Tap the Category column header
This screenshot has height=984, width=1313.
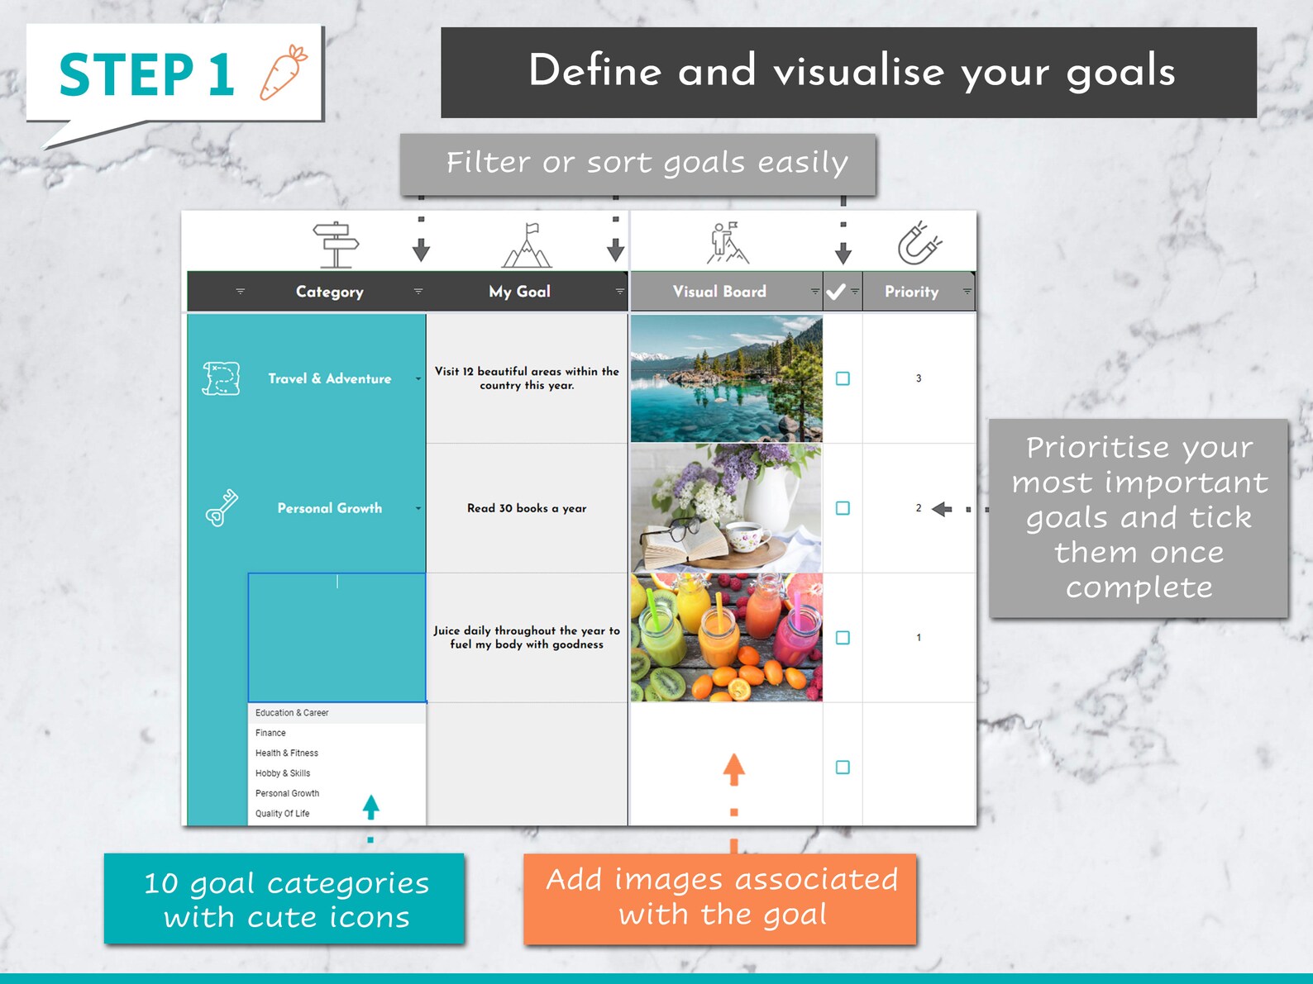click(x=329, y=292)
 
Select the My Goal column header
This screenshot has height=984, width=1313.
click(x=519, y=292)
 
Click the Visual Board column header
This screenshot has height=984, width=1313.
click(x=719, y=292)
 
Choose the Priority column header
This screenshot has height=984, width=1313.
click(x=911, y=292)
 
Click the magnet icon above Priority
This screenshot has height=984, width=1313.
click(x=919, y=243)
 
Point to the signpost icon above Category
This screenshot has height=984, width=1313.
click(x=336, y=245)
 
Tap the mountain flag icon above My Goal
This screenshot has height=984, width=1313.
click(x=528, y=245)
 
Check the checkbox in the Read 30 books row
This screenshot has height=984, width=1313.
click(x=843, y=508)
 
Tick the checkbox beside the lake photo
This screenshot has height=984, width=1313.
click(x=843, y=378)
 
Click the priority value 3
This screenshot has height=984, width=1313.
click(x=919, y=378)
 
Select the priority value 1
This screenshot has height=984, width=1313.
click(x=919, y=638)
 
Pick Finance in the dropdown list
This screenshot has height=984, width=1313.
click(x=271, y=733)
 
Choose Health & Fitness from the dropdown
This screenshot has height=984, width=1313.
click(x=287, y=753)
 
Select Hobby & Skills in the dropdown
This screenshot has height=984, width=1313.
click(x=283, y=773)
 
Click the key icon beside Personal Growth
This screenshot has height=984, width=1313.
click(x=222, y=508)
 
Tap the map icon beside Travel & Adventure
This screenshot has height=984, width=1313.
click(x=222, y=378)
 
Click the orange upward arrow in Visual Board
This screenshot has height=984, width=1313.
click(x=733, y=769)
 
